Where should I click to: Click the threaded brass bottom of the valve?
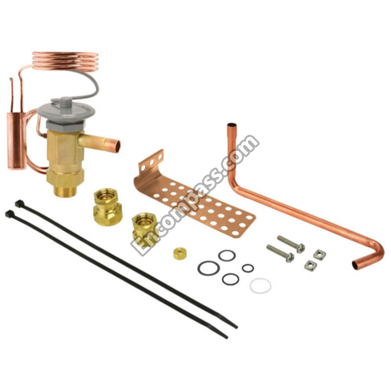pyautogui.click(x=65, y=190)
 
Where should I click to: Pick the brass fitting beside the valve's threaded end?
pyautogui.click(x=107, y=207)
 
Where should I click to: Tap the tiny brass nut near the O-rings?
pyautogui.click(x=180, y=254)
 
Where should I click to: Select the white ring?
pyautogui.click(x=260, y=286)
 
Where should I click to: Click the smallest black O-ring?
pyautogui.click(x=248, y=268)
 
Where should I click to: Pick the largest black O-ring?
pyautogui.click(x=209, y=268)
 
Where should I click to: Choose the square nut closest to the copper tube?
pyautogui.click(x=320, y=254)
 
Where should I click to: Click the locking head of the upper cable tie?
pyautogui.click(x=18, y=204)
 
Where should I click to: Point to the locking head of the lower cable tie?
pyautogui.click(x=9, y=214)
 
